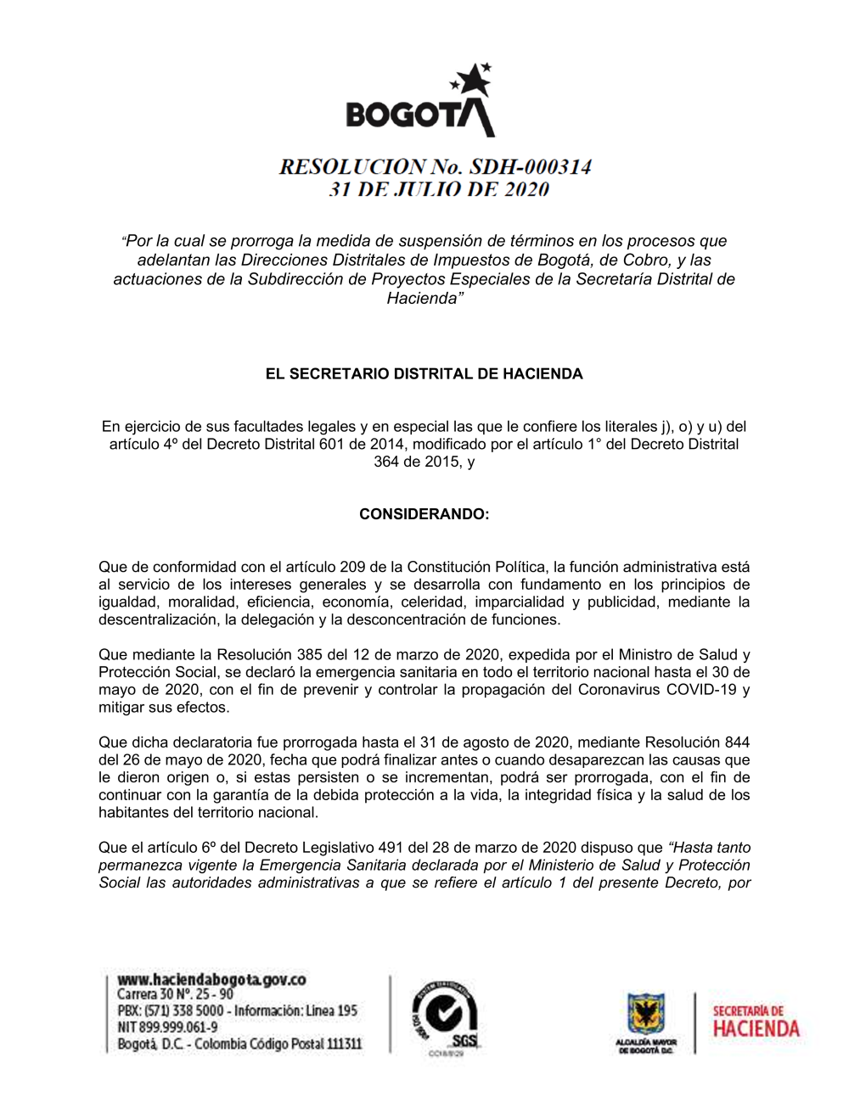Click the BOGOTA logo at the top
click(419, 102)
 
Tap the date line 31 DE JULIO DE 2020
click(439, 189)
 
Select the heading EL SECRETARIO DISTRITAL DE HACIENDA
click(424, 374)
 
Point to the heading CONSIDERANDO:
click(424, 514)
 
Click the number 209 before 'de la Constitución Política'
click(352, 567)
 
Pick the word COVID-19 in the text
click(701, 690)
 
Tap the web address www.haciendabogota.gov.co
click(211, 979)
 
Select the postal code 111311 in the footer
click(344, 1044)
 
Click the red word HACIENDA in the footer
click(756, 1029)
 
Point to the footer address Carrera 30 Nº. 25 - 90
click(175, 994)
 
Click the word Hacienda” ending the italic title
click(424, 298)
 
